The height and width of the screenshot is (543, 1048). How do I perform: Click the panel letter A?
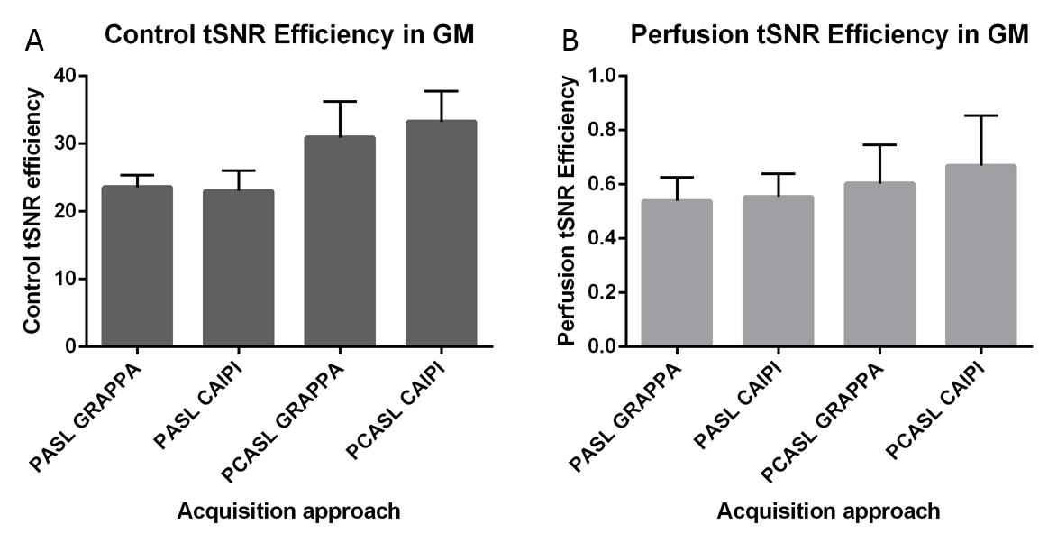[x=35, y=40]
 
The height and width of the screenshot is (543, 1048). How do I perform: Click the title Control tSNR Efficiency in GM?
[x=289, y=35]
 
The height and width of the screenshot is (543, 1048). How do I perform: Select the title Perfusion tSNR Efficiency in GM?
[x=829, y=35]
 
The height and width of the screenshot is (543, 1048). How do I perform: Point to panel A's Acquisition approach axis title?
[x=288, y=511]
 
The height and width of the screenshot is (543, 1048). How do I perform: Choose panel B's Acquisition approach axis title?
[x=828, y=511]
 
